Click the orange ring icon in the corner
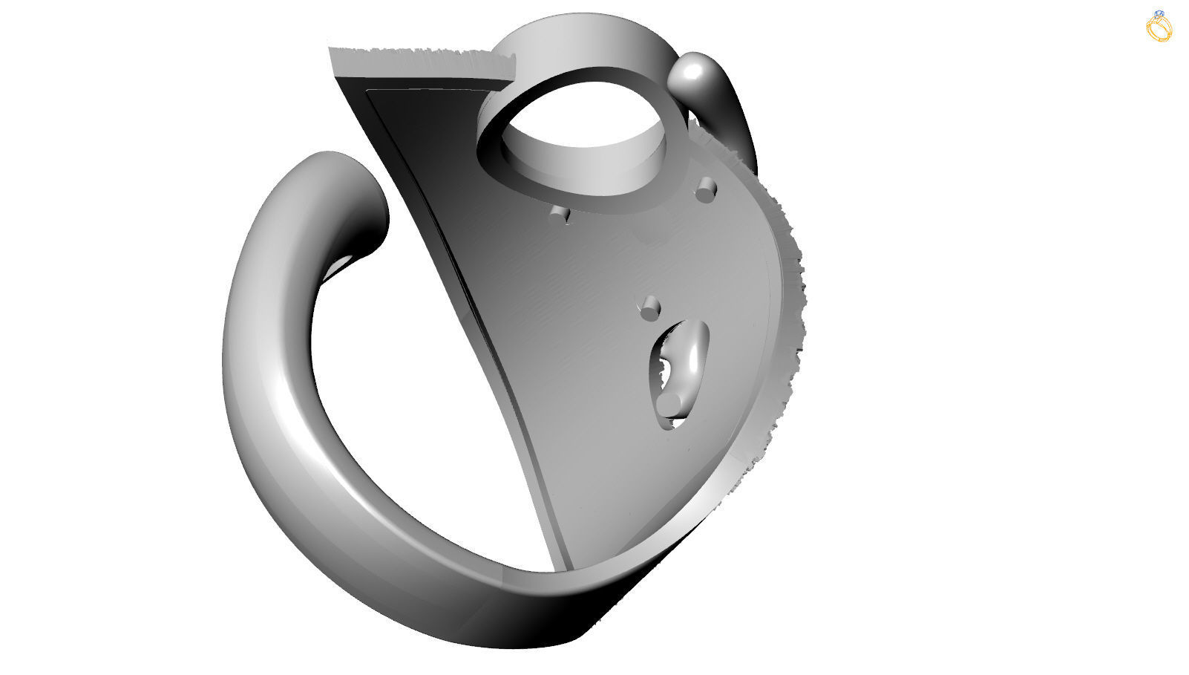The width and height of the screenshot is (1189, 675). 1159,27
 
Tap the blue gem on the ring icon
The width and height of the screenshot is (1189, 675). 1160,14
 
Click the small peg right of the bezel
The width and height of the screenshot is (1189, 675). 706,190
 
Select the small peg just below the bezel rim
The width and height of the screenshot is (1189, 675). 560,215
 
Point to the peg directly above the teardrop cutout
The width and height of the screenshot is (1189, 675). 651,307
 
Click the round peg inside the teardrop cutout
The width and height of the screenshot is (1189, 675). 672,402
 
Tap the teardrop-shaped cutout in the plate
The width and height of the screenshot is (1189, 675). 679,371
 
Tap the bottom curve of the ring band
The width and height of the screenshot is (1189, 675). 445,594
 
